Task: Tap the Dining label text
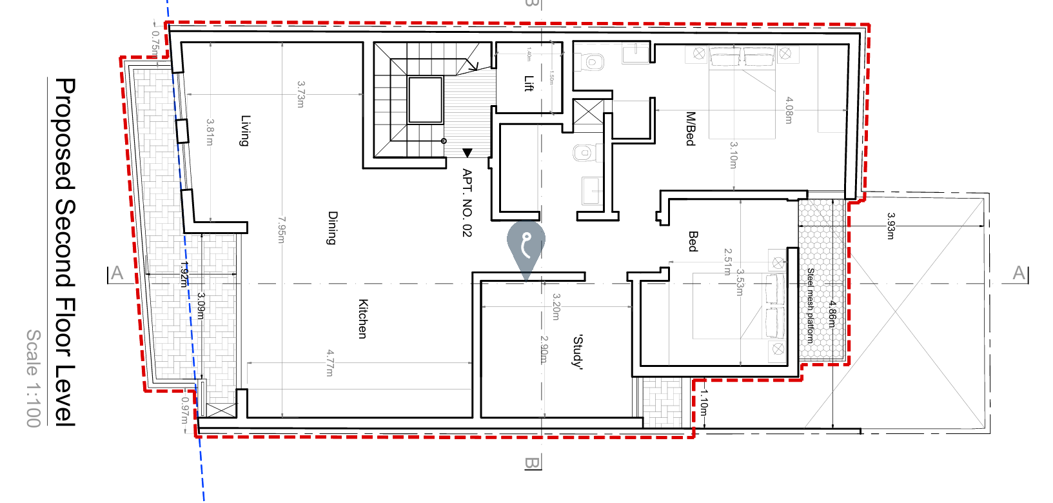point(333,228)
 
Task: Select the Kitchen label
point(363,319)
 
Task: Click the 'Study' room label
point(578,351)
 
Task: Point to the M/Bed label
point(691,129)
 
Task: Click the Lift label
point(529,83)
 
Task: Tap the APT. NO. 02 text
point(467,202)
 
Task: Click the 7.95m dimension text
point(281,230)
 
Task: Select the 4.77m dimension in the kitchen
point(330,363)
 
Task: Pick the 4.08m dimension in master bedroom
point(789,110)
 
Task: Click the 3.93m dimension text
point(891,226)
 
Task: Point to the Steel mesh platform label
point(811,305)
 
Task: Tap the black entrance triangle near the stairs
point(467,153)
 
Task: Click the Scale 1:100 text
point(34,378)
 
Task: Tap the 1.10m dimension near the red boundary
point(704,403)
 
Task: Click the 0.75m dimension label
point(155,42)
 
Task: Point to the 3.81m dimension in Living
point(210,132)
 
